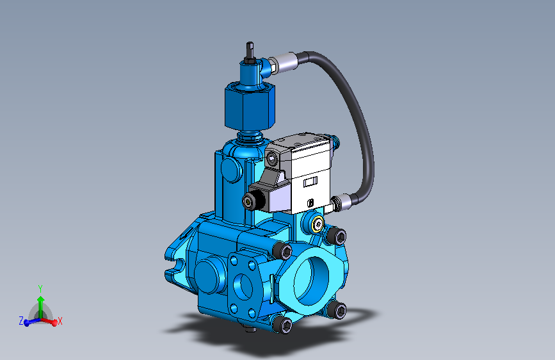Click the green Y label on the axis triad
click(x=40, y=288)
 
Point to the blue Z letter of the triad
click(x=21, y=320)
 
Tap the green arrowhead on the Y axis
click(x=40, y=299)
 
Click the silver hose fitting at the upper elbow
click(x=284, y=63)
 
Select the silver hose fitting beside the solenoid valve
click(x=344, y=202)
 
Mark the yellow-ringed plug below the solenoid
click(x=317, y=224)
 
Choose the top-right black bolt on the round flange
click(x=336, y=236)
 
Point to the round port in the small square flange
click(x=244, y=283)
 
